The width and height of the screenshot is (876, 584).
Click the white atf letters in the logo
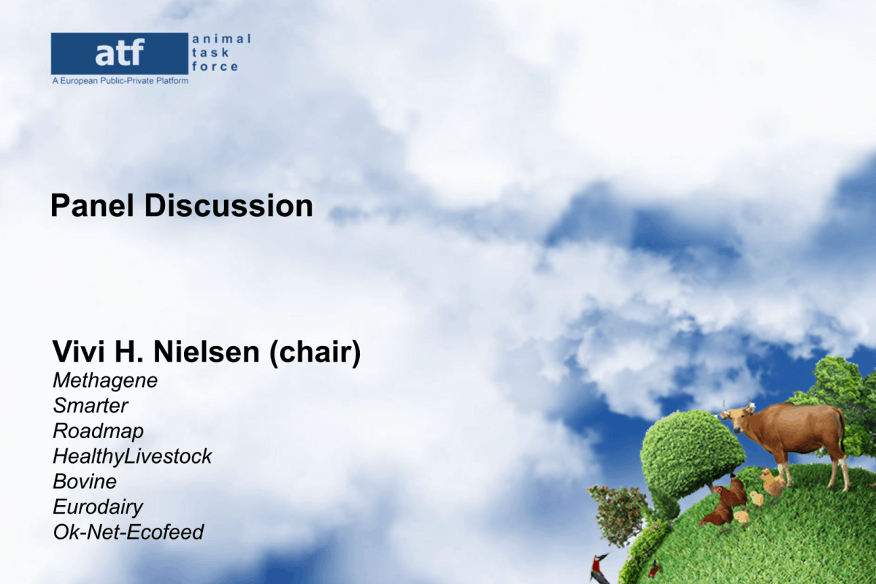pyautogui.click(x=120, y=52)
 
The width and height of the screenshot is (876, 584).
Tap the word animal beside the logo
pyautogui.click(x=221, y=39)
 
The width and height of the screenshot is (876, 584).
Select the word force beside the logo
pyautogui.click(x=215, y=66)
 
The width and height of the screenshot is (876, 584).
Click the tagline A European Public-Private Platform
pyautogui.click(x=120, y=81)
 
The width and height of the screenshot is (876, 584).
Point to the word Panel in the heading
pyautogui.click(x=92, y=205)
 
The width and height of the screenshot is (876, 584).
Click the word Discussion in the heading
pyautogui.click(x=228, y=205)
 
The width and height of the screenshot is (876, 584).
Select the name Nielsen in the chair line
pyautogui.click(x=207, y=352)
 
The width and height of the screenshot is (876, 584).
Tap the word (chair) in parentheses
pyautogui.click(x=315, y=353)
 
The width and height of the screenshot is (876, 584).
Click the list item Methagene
pyautogui.click(x=105, y=381)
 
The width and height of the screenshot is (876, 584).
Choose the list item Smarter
pyautogui.click(x=91, y=406)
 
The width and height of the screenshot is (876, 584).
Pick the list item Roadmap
pyautogui.click(x=98, y=431)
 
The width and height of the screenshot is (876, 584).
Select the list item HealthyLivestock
pyautogui.click(x=132, y=456)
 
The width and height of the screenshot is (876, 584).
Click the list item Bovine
pyautogui.click(x=85, y=482)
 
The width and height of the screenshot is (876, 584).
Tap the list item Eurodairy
pyautogui.click(x=98, y=507)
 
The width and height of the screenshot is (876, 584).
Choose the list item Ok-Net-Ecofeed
pyautogui.click(x=128, y=532)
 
